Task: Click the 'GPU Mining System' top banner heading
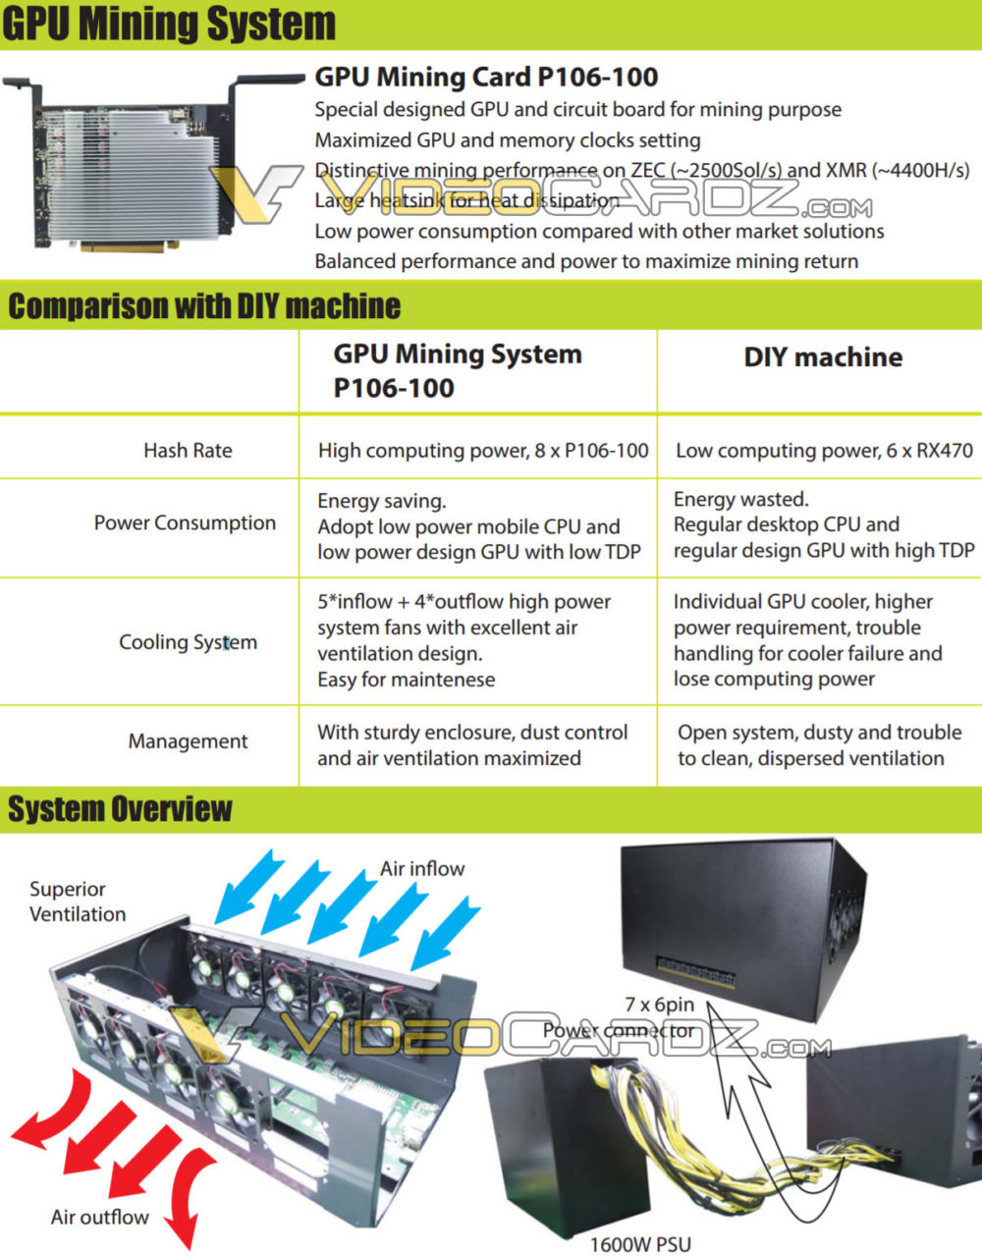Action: (x=169, y=24)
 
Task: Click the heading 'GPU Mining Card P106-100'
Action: (x=486, y=77)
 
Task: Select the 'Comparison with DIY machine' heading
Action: (x=204, y=306)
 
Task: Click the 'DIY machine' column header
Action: (x=823, y=356)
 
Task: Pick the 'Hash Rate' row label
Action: (x=188, y=451)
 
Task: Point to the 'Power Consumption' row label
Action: (x=185, y=523)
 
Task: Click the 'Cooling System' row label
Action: (x=188, y=642)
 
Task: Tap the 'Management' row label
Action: (x=188, y=741)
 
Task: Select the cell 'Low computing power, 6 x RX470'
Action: (x=824, y=451)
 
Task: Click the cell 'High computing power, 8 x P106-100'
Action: (x=483, y=451)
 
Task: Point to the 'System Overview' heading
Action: (x=120, y=809)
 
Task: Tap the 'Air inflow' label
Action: (x=422, y=868)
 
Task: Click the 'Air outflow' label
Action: (x=100, y=1217)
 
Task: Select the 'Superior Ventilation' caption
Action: (x=78, y=902)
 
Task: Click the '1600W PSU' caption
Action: (x=640, y=1244)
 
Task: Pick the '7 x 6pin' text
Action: (x=660, y=1005)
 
